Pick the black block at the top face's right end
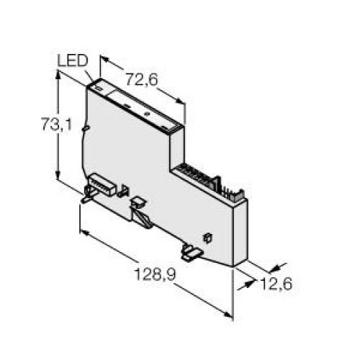click(178, 127)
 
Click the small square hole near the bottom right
click(208, 236)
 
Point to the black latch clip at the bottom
click(191, 252)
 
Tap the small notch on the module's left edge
click(86, 130)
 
